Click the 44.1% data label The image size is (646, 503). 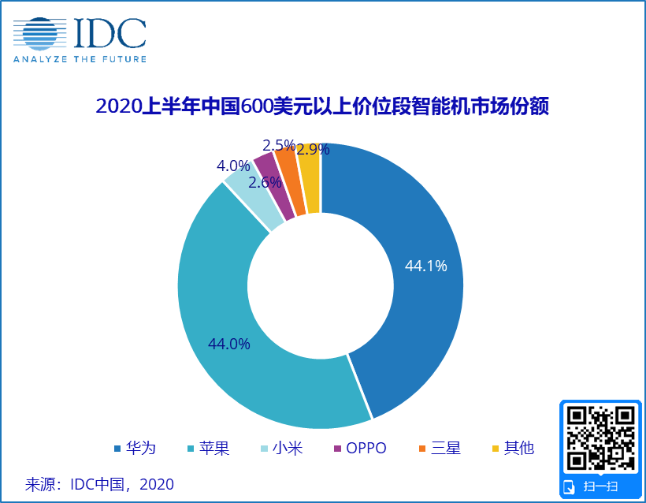[x=426, y=266]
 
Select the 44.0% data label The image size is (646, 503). [x=229, y=344]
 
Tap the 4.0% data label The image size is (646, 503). [x=233, y=166]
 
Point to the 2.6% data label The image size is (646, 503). [x=265, y=182]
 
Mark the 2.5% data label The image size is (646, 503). [x=279, y=145]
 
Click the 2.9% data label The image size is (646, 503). [x=313, y=149]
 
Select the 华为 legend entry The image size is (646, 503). [x=135, y=448]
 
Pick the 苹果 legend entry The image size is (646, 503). [x=208, y=448]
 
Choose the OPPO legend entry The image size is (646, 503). [x=360, y=448]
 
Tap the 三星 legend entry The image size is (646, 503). [x=440, y=448]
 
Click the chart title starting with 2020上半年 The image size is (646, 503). [x=322, y=106]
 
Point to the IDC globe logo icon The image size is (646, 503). [x=40, y=34]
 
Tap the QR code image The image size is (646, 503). [x=600, y=438]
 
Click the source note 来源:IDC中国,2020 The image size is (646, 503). [x=99, y=484]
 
